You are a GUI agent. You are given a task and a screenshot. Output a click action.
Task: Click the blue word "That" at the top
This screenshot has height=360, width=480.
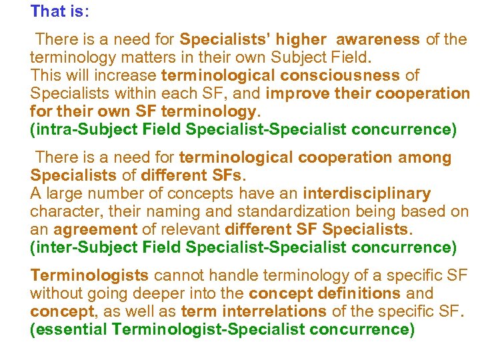(49, 11)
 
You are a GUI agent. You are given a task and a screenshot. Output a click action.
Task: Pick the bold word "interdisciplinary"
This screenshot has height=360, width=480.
(367, 194)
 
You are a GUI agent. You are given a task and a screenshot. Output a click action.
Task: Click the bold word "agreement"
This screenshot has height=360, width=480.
(95, 230)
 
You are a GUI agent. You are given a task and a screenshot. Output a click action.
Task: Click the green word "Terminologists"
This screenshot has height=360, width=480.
(90, 275)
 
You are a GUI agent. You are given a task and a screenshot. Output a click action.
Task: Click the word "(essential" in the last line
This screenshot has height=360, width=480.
(69, 329)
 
